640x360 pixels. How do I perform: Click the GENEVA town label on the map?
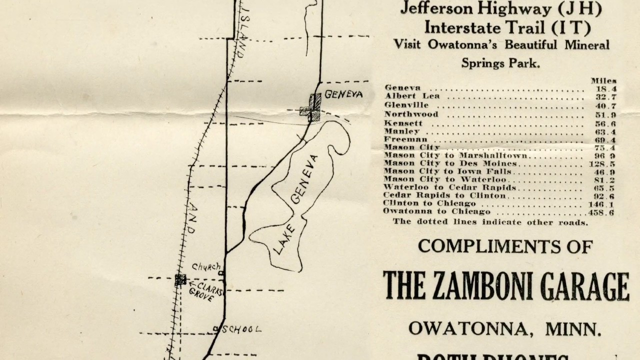[343, 94]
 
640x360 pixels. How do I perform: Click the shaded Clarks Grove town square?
[180, 280]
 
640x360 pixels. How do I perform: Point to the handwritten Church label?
[206, 267]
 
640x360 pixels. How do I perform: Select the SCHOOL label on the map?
[241, 329]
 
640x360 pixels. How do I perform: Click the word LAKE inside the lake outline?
[284, 239]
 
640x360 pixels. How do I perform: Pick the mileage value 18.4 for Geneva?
[605, 88]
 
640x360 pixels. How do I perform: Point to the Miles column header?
[603, 80]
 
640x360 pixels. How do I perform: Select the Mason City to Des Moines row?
[450, 163]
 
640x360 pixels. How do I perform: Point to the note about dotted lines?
[490, 222]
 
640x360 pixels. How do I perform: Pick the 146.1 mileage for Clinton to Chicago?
[601, 204]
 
